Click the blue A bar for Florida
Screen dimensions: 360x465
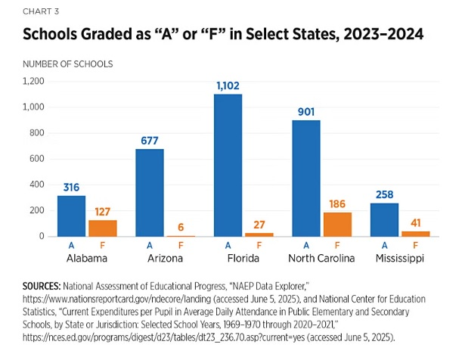point(228,165)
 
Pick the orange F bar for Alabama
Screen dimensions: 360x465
point(103,228)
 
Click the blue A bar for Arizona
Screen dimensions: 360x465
point(150,192)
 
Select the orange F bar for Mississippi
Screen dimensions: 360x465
point(415,233)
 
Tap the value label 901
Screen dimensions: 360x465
point(305,112)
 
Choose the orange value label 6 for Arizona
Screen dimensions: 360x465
point(181,227)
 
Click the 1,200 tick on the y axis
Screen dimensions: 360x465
point(34,81)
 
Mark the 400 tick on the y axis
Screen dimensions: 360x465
point(37,185)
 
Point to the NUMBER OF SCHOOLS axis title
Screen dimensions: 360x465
point(67,64)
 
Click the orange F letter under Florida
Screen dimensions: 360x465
point(259,246)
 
